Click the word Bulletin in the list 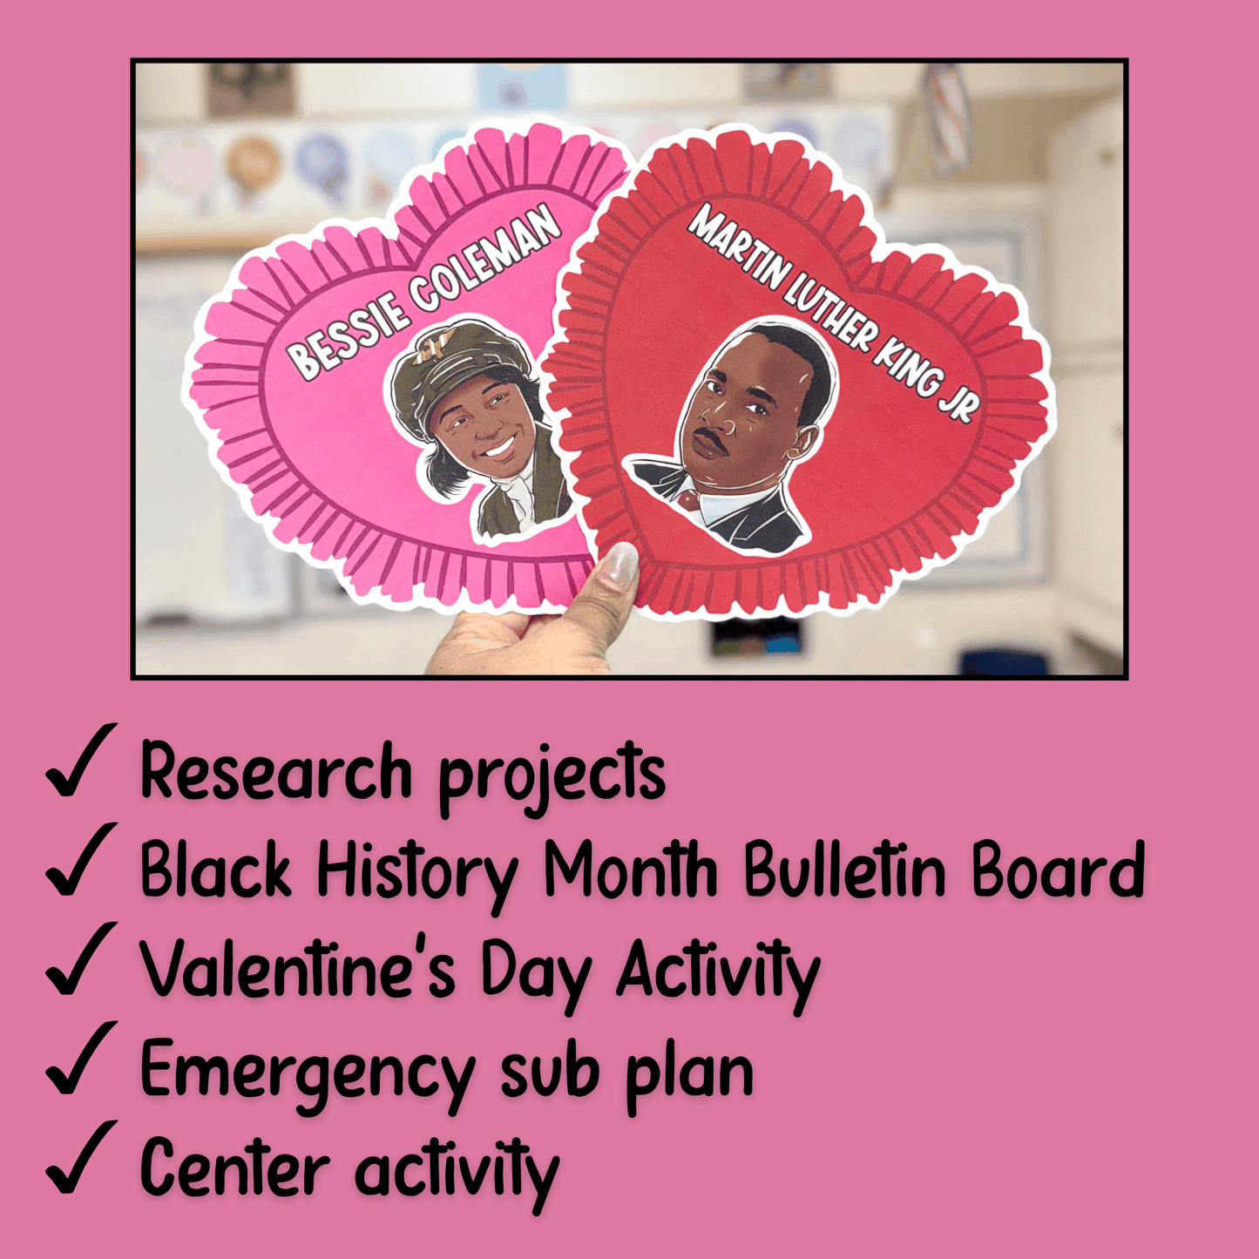[x=844, y=870]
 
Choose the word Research [x=275, y=772]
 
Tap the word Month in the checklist [x=631, y=870]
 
